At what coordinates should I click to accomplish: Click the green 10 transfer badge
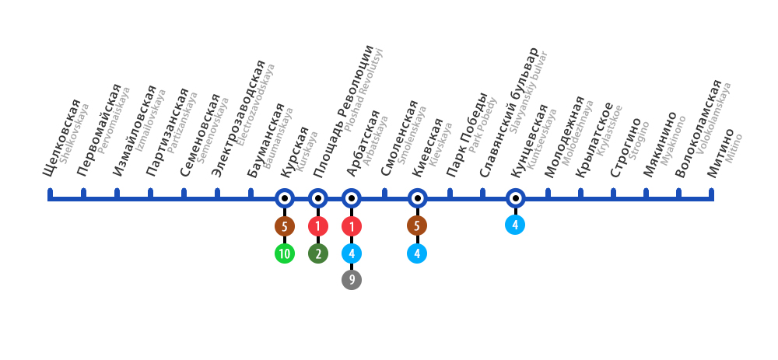[285, 253]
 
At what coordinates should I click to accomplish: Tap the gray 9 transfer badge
[352, 280]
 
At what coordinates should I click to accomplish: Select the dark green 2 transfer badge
[318, 253]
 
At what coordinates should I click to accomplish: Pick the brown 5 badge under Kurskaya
[285, 226]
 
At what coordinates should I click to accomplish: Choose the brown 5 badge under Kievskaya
[417, 225]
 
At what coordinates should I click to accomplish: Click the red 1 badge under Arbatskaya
[352, 226]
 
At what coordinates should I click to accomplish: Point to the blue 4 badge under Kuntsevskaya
[515, 225]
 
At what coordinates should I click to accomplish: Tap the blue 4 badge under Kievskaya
[417, 253]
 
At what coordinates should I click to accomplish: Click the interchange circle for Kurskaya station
[285, 199]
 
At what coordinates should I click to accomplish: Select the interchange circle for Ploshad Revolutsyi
[318, 199]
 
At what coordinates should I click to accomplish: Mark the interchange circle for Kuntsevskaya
[515, 199]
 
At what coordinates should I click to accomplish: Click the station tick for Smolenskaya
[384, 193]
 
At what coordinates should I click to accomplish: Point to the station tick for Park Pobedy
[450, 193]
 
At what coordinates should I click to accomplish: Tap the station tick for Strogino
[614, 193]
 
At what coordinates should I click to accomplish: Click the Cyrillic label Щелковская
[63, 140]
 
